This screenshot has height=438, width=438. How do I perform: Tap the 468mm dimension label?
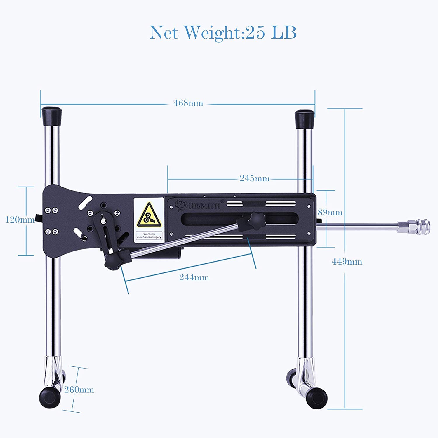coord(188,103)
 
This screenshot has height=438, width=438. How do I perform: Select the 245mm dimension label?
coord(254,178)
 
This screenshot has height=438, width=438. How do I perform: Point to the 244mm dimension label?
coord(194,277)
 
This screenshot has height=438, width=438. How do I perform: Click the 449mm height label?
coord(347,261)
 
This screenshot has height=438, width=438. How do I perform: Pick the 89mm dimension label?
coord(330,212)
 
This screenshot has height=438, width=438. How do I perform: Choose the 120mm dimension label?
coord(20,220)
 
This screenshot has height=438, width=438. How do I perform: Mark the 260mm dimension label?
coord(79,390)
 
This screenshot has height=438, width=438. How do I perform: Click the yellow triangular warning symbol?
coord(149,216)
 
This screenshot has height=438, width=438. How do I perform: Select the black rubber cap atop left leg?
coord(52,116)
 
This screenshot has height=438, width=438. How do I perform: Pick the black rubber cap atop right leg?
coord(305,119)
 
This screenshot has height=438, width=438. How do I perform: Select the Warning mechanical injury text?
coord(149,236)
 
